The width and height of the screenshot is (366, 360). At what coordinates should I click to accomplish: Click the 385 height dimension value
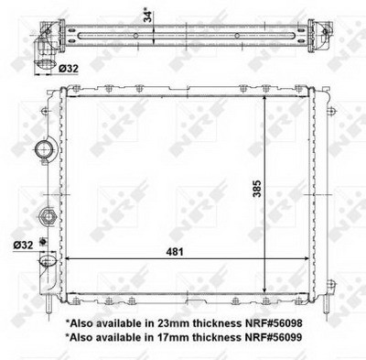point(257,189)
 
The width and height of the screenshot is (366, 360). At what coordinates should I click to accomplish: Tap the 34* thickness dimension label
point(148,16)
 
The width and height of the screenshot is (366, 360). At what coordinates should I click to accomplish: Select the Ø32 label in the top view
point(69,69)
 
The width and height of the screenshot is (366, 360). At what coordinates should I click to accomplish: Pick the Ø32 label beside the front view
point(23,245)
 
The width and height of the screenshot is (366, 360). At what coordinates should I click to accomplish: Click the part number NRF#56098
point(274,322)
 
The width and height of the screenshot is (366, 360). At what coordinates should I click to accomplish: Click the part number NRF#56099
point(274,337)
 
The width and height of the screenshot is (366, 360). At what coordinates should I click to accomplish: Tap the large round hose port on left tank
point(45,149)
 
